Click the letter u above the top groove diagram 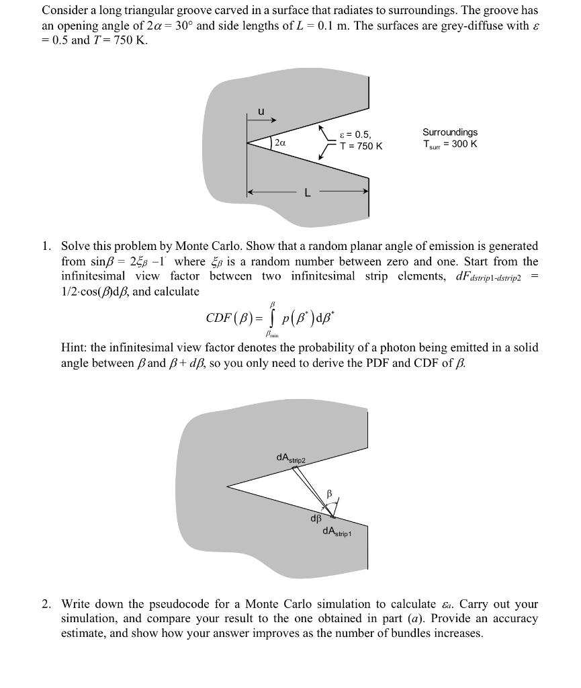point(261,112)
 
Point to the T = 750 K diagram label point(361,146)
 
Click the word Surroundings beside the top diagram point(450,132)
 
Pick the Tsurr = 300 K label point(450,144)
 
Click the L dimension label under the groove point(308,193)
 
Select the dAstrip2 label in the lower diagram point(290,458)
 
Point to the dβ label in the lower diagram point(316,519)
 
